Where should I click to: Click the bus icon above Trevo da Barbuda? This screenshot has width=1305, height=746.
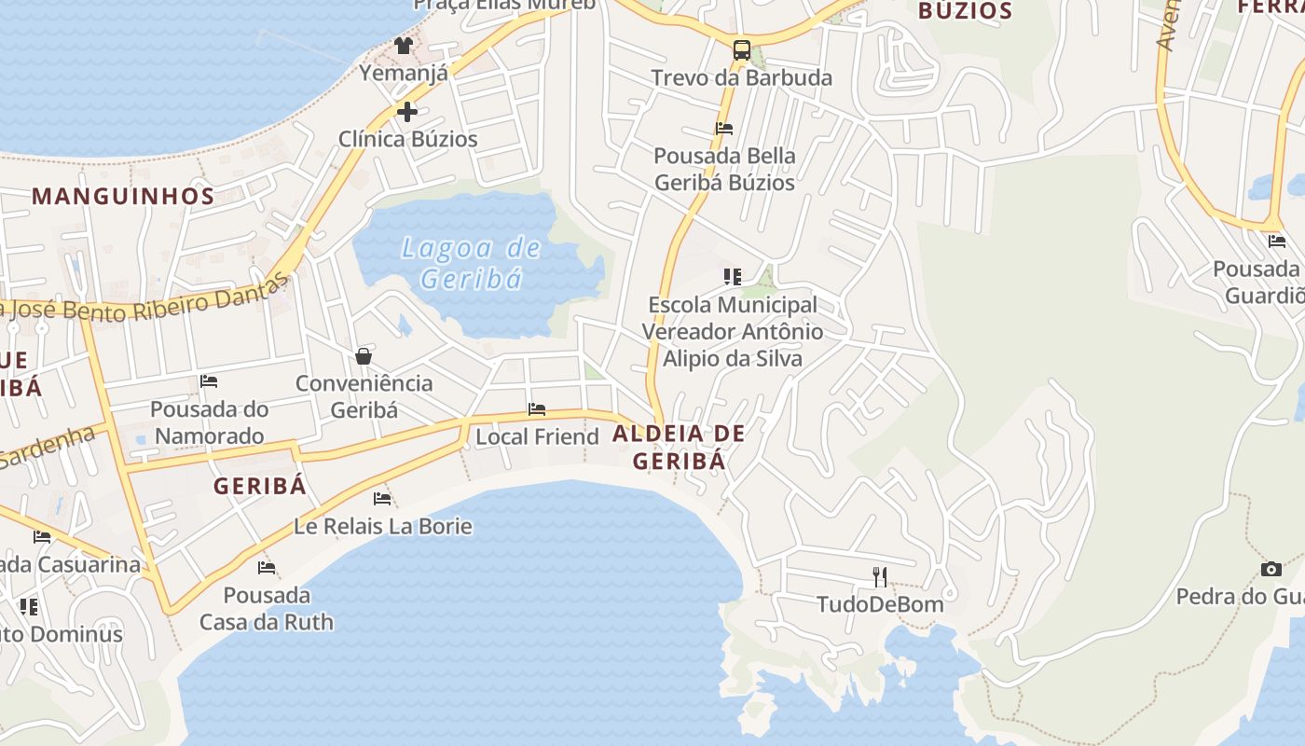coord(742,50)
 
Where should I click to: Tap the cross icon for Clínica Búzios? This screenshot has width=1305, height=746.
coord(406,112)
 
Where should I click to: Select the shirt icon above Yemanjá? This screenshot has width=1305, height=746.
coord(404,45)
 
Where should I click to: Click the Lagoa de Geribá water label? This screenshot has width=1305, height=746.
coord(471,263)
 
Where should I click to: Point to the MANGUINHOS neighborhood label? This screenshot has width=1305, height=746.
coord(123,196)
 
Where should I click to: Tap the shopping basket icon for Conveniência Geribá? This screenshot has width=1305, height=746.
coord(364,356)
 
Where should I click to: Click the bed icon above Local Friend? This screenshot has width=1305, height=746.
coord(537,408)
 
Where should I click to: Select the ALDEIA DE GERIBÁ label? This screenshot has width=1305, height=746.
coord(679,447)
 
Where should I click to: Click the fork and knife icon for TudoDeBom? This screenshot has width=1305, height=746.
coord(880,576)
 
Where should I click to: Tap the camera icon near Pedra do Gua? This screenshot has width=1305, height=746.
coord(1271,569)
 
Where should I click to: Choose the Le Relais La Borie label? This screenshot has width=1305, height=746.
coord(383,526)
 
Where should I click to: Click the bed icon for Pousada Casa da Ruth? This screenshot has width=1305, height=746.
coord(267,567)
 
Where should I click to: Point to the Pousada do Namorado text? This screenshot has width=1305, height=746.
coord(210,422)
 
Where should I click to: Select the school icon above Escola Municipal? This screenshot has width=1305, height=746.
coord(733,276)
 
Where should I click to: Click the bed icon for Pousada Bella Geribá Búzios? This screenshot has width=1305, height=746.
coord(724,129)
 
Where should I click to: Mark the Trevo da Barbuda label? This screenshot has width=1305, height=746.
coord(741,77)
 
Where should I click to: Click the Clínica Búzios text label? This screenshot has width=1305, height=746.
coord(407,139)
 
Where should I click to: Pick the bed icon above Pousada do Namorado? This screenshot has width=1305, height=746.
coord(209,380)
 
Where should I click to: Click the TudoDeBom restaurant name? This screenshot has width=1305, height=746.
coord(880,604)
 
